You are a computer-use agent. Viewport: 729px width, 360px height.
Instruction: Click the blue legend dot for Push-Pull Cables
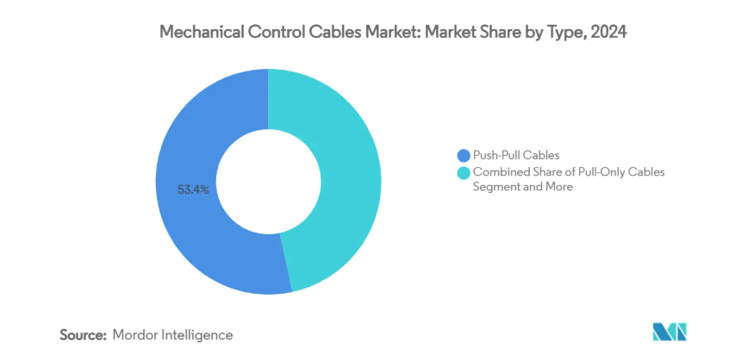point(464,156)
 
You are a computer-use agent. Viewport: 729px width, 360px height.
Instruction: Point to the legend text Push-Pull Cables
point(515,156)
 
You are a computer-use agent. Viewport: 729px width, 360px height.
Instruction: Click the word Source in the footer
point(83,333)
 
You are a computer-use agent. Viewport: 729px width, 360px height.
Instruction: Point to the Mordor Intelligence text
point(172,333)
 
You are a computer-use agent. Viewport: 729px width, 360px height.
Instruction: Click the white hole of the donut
point(268,181)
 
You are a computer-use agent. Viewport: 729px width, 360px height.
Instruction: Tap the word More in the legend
point(557,187)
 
